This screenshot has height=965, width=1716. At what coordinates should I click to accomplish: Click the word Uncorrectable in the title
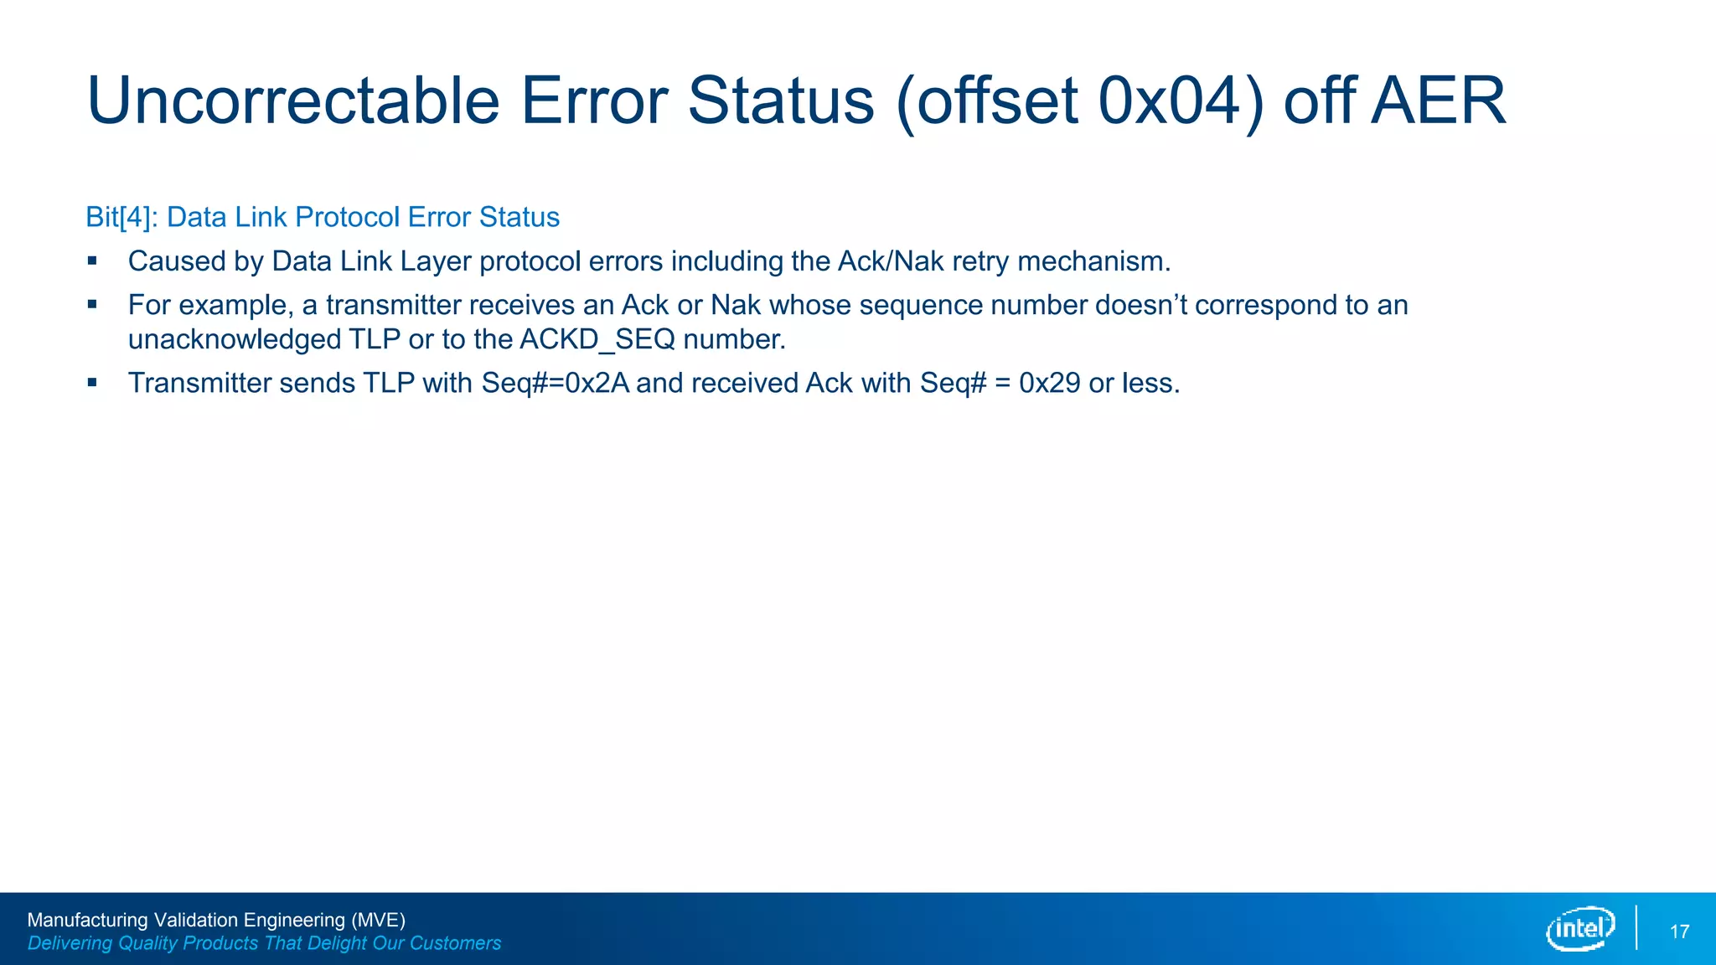(x=293, y=101)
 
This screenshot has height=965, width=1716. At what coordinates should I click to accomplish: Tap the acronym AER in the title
(x=1439, y=101)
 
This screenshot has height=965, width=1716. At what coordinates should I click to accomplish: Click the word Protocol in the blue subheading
(x=348, y=217)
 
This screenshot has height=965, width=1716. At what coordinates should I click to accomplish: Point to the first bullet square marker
(x=92, y=261)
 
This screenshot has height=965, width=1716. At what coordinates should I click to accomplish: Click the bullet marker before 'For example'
(x=92, y=305)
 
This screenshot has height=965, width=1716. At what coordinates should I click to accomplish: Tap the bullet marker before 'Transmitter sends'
(x=92, y=383)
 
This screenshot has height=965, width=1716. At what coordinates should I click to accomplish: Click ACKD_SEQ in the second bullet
(x=597, y=339)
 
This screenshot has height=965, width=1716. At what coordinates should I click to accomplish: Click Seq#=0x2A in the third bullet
(x=555, y=383)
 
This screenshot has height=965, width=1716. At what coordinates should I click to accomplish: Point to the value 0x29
(x=1049, y=383)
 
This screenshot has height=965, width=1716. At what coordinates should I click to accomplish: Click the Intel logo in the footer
(x=1580, y=928)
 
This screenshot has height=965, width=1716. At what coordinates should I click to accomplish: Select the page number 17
(x=1679, y=931)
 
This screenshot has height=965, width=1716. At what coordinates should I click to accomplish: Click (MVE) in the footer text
(x=378, y=920)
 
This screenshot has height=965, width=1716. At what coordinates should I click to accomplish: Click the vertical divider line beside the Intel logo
(x=1636, y=927)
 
